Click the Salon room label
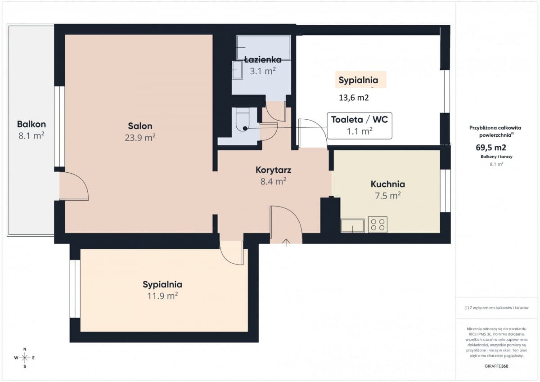click(x=140, y=126)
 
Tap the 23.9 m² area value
click(x=140, y=138)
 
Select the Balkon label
click(x=31, y=124)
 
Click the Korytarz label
click(x=273, y=170)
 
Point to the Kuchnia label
click(x=388, y=184)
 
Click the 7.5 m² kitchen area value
click(x=388, y=195)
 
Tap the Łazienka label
click(x=263, y=59)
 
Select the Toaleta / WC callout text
click(x=359, y=120)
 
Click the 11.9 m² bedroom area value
click(x=162, y=296)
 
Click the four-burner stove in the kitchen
click(x=378, y=225)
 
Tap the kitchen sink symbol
click(x=352, y=225)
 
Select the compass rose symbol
click(x=25, y=358)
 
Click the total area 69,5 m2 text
click(x=491, y=147)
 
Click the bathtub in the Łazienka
click(x=263, y=48)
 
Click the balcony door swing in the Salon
click(x=75, y=186)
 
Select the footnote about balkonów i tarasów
click(x=495, y=308)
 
